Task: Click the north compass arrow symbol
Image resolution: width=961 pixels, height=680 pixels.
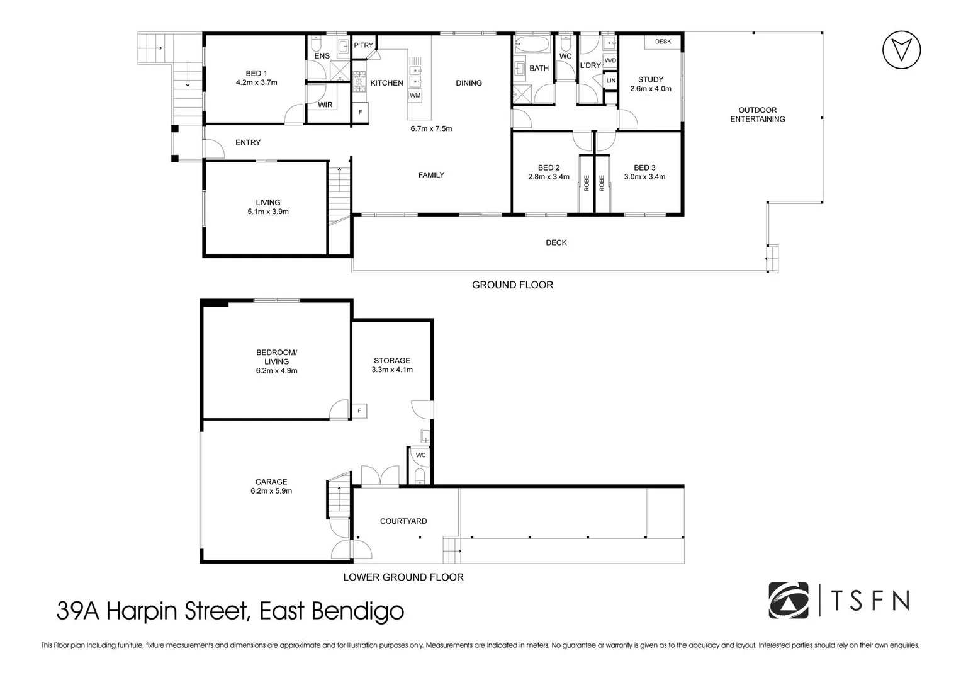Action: click(x=901, y=49)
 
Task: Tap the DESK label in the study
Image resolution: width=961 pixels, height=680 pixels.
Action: click(x=663, y=42)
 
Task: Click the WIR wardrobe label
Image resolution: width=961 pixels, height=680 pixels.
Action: click(x=325, y=105)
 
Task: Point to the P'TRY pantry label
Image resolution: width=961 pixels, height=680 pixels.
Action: click(x=363, y=45)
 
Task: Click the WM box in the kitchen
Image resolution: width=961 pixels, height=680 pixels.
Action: click(x=415, y=96)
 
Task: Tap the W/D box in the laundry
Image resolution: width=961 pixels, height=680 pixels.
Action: click(x=610, y=61)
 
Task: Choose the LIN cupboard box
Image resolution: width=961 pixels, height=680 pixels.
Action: click(x=610, y=81)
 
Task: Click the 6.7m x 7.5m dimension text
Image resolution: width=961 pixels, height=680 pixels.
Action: click(x=431, y=128)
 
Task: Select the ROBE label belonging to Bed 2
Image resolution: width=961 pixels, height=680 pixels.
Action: click(x=587, y=183)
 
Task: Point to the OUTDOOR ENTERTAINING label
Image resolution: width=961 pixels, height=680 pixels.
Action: click(x=757, y=115)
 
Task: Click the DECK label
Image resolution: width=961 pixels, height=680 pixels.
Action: click(x=556, y=242)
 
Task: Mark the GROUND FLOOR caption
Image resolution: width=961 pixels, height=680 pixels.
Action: click(x=512, y=285)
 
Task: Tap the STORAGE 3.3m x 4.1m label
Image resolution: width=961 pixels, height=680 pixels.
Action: click(x=392, y=365)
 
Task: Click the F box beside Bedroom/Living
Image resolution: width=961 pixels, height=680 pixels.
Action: click(x=359, y=411)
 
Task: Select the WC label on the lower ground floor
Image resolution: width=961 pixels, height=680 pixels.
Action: click(x=420, y=455)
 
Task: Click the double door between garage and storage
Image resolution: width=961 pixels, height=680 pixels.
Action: click(x=379, y=475)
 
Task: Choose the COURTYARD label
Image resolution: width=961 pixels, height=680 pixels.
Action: click(x=403, y=521)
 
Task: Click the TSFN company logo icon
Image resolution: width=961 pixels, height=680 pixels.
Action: click(x=789, y=600)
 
